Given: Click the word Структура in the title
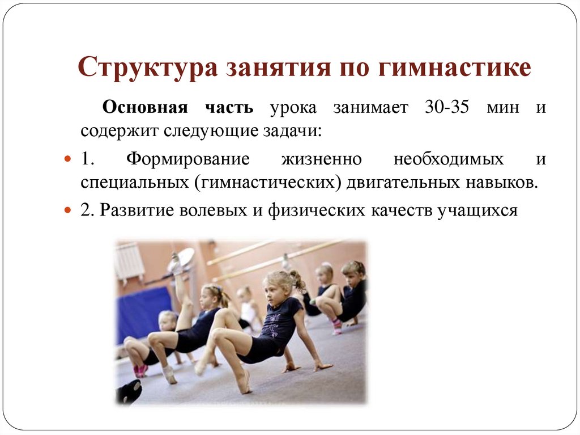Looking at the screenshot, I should click(x=146, y=67).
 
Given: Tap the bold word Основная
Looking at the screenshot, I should click(x=137, y=108).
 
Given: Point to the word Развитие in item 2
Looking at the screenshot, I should click(x=137, y=210).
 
